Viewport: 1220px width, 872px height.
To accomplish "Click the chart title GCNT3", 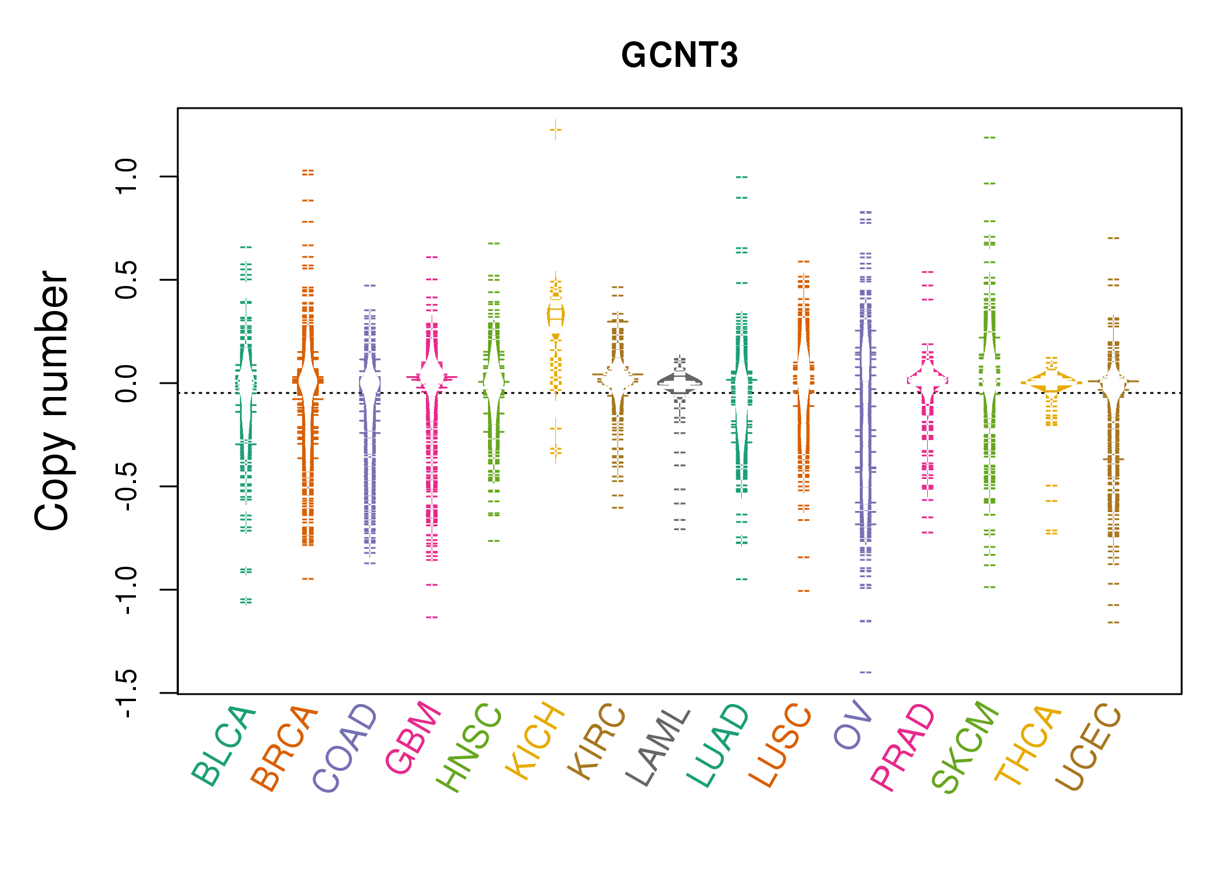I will click(679, 56).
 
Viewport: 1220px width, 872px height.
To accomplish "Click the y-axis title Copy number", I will click(52, 401).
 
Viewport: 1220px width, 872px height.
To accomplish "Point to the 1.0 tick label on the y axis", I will click(126, 176).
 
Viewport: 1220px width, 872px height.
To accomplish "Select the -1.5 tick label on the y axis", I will click(126, 693).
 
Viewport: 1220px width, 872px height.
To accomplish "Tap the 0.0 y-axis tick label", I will click(126, 383).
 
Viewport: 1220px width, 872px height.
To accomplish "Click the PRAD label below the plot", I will click(902, 746).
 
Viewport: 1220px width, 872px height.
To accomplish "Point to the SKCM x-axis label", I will click(964, 746).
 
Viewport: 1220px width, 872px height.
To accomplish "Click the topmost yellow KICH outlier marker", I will click(555, 130).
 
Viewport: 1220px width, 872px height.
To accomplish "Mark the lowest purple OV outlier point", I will click(866, 672).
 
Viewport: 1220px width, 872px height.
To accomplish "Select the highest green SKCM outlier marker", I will click(989, 138).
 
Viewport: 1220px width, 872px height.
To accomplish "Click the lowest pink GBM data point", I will click(432, 617).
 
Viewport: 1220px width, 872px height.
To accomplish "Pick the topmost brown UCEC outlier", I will click(1113, 238).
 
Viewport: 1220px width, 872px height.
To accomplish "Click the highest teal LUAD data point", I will click(742, 177).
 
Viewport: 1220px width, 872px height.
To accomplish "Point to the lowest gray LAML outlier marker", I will click(680, 529).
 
